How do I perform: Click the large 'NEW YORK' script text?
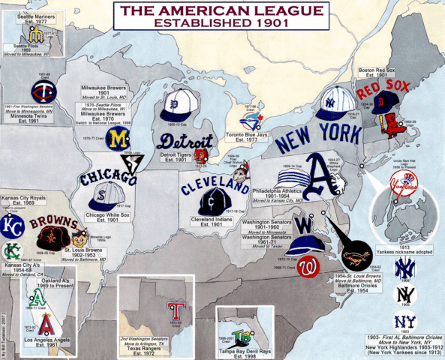(314, 136)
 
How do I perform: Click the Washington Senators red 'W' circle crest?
(307, 266)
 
